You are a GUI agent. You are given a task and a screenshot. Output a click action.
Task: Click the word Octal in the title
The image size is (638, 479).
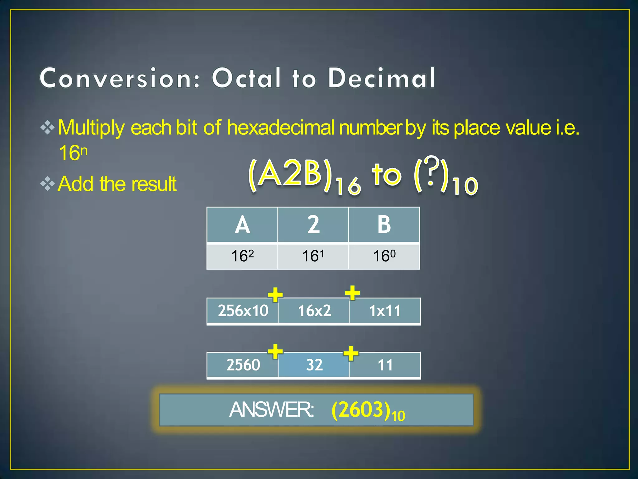pos(246,78)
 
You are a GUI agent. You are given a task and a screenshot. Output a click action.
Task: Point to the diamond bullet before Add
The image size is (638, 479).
pos(48,183)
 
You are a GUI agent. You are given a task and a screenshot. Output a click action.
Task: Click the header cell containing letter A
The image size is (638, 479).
pos(242,225)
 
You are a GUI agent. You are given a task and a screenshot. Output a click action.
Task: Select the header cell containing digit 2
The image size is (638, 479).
pos(313,225)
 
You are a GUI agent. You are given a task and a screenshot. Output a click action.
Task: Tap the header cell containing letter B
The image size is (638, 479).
pos(384,225)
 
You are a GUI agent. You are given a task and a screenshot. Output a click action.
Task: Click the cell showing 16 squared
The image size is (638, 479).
pos(242,256)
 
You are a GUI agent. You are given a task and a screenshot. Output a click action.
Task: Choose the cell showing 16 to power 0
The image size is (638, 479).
pos(384,256)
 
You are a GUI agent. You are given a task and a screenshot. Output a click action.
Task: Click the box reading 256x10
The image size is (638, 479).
pos(243,311)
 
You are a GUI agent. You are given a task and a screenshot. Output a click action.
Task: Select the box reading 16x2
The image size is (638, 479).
pos(314,311)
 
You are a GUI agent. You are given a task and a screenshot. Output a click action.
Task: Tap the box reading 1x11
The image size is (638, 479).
pos(385,311)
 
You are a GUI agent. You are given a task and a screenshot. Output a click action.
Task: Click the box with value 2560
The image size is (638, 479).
pos(243,365)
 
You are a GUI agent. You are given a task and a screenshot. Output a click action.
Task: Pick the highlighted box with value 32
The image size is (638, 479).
pos(314,365)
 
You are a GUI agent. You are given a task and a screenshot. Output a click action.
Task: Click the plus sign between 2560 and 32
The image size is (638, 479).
pos(275,352)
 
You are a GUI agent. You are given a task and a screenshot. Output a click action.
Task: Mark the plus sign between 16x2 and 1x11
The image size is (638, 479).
pos(352,293)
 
